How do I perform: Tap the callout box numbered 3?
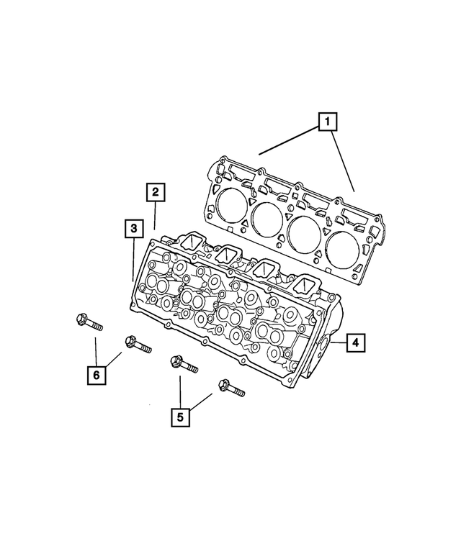133,229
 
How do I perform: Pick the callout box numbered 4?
354,343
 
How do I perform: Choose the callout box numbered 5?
180,416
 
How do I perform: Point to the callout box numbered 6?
95,374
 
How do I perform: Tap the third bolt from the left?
183,364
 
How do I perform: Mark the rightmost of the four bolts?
230,388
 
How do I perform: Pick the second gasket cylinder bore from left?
267,218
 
